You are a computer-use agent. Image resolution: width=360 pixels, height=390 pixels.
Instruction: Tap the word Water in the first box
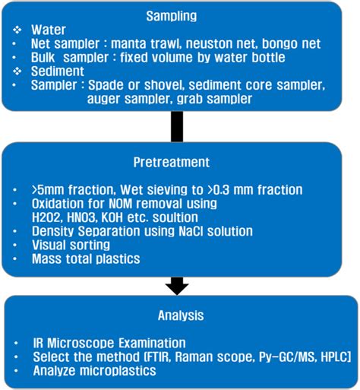click(x=49, y=29)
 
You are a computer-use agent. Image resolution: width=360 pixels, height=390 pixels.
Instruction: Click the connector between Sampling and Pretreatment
click(x=177, y=126)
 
